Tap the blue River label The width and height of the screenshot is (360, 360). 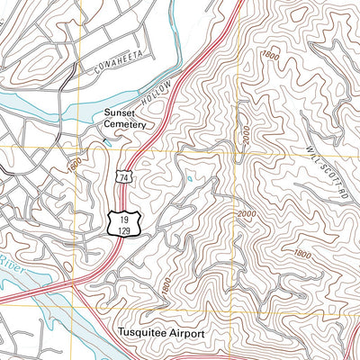8,265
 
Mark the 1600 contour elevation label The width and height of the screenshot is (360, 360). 74,166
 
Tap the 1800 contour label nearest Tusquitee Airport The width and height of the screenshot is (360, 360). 166,287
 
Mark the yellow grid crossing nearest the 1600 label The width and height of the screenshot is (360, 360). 79,148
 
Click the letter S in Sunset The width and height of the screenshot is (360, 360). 109,111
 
